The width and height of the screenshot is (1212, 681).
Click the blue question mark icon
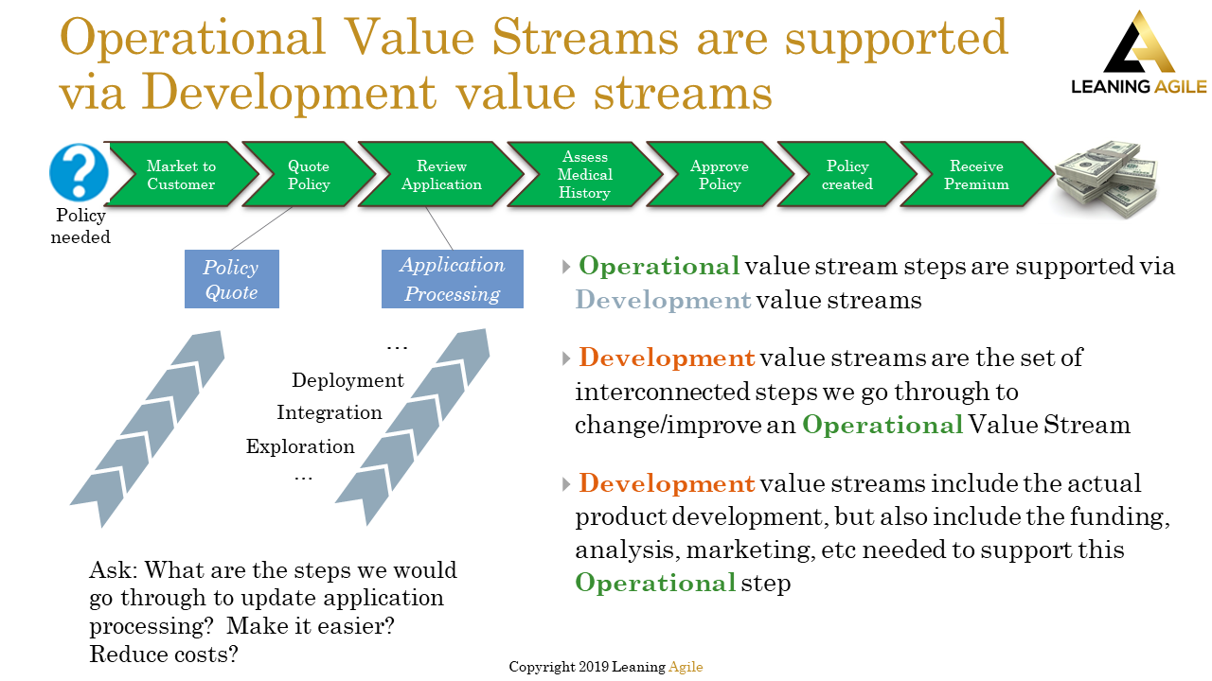point(79,172)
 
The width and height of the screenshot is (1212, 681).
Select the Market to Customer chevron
point(181,175)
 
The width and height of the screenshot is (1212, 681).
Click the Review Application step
point(440,175)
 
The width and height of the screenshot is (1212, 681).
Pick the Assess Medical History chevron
point(584,175)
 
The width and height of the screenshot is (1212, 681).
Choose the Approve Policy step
point(719,175)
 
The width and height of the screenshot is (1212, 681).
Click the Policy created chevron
point(847,175)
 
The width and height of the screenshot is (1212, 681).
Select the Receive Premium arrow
point(975,175)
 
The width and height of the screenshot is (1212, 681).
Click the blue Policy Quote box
point(232,279)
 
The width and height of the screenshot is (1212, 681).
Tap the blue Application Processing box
point(452,279)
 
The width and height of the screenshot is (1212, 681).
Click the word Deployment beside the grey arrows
point(348,380)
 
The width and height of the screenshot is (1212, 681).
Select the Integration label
point(330,413)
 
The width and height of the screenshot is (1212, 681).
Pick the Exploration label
point(300,446)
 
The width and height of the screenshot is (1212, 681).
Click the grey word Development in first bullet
point(663,301)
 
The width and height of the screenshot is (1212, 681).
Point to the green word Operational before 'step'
point(655,583)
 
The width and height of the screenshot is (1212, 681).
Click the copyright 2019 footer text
point(606,667)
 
